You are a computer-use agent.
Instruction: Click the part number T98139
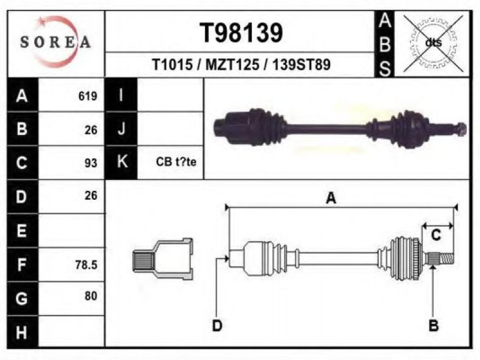[x=241, y=33]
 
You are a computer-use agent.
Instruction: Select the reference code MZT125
[x=232, y=65]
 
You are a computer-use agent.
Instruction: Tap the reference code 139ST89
[x=302, y=65]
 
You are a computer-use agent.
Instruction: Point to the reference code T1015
[x=172, y=65]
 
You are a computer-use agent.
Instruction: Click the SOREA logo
[x=55, y=42]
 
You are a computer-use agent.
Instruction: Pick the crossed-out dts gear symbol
[x=433, y=43]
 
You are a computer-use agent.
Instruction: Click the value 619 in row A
[x=88, y=96]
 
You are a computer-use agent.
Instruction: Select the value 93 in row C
[x=91, y=163]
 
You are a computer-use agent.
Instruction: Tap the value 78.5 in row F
[x=86, y=265]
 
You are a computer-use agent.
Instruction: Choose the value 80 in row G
[x=91, y=296]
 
